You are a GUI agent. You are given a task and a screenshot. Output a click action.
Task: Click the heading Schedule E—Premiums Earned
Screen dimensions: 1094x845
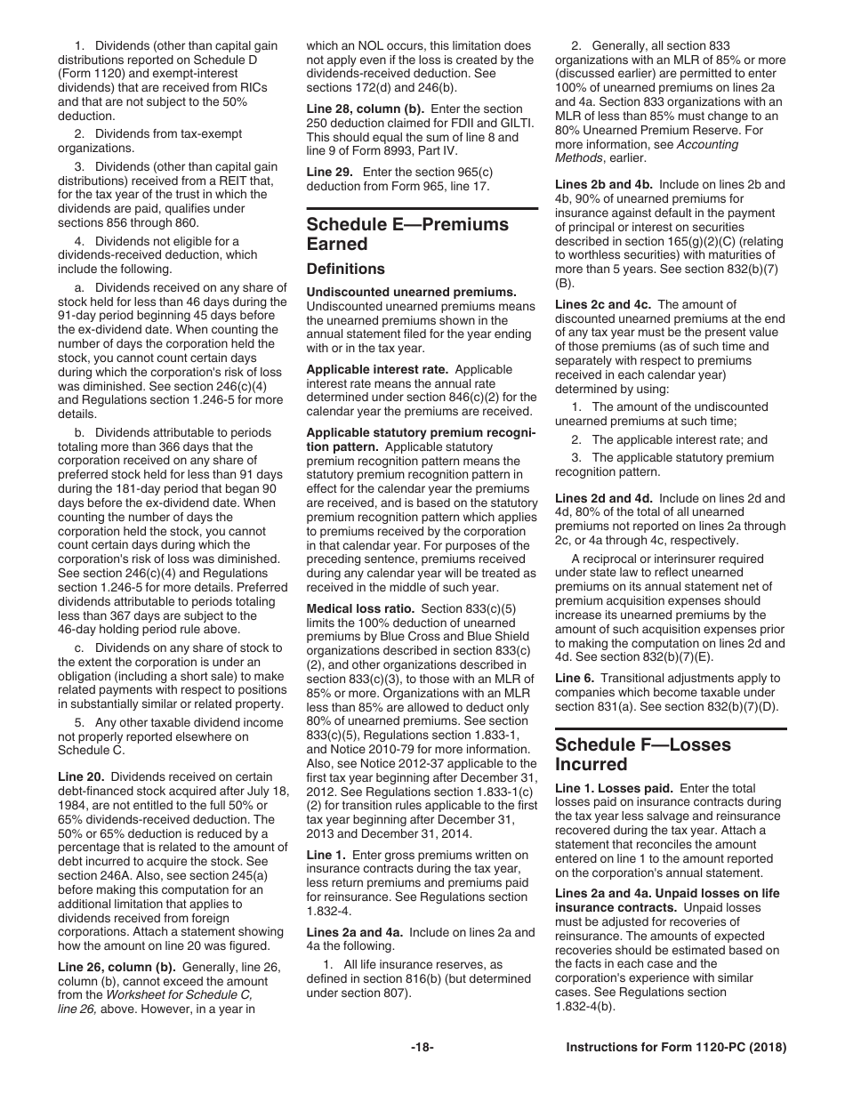(x=407, y=233)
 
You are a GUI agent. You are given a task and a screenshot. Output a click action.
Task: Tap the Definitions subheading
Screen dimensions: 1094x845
(x=346, y=269)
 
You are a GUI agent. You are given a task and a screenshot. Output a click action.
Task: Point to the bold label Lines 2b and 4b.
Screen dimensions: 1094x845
(x=602, y=184)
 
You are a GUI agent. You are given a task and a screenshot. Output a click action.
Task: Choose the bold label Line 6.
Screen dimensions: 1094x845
(x=575, y=678)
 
